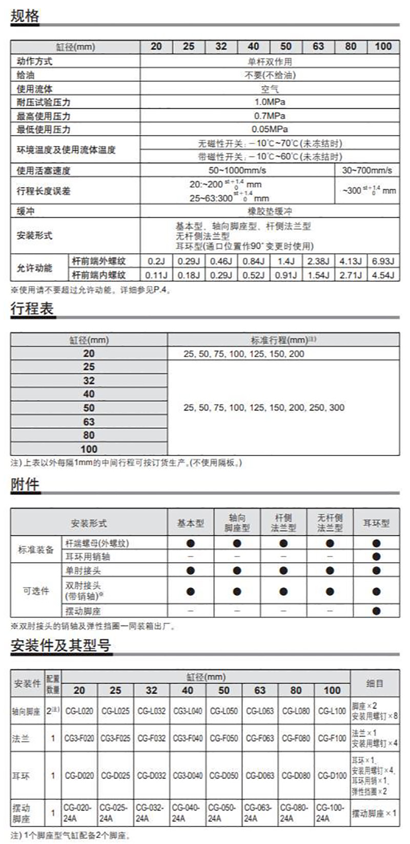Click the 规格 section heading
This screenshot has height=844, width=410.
25,16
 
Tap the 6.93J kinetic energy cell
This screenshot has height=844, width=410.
383,261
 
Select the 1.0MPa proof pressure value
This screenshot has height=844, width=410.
270,102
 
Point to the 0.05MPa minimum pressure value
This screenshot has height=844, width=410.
270,129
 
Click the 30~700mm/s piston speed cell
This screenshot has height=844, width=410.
367,170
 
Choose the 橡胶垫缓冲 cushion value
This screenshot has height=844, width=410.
270,211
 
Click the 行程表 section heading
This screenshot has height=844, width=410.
32,309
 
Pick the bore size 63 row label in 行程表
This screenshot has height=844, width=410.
89,421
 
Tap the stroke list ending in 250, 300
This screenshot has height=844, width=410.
263,407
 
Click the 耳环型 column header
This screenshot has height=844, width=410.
376,523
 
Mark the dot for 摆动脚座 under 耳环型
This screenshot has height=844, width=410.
376,611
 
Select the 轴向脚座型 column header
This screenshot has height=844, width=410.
237,523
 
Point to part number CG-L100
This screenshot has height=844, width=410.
332,711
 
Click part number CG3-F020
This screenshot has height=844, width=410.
79,738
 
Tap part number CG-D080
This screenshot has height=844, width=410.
296,776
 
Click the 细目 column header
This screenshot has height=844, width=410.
375,684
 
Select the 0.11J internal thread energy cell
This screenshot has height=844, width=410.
156,275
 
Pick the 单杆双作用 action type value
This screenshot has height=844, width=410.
270,61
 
